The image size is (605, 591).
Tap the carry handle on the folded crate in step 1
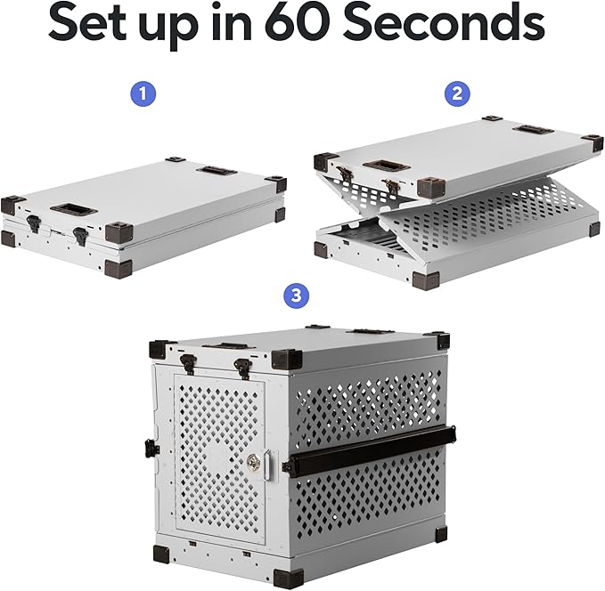tap(72, 210)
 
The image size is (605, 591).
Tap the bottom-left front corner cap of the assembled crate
tap(160, 554)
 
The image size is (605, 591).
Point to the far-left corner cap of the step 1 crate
tap(12, 204)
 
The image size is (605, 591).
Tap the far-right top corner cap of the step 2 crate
tap(591, 142)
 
